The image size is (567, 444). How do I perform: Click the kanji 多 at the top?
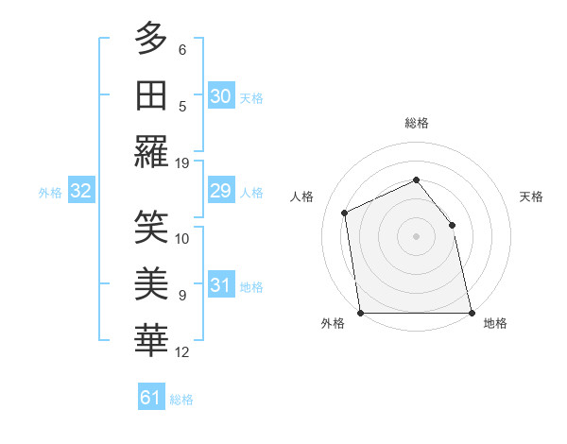[151, 39]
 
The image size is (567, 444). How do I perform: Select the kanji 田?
[151, 94]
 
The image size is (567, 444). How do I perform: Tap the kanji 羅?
[151, 150]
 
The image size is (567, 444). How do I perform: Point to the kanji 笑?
[151, 227]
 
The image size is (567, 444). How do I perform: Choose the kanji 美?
[151, 282]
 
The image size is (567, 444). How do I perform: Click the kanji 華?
[151, 339]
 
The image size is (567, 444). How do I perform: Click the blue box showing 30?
[220, 95]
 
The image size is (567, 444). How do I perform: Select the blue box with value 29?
[220, 192]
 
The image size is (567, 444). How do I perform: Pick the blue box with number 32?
[80, 192]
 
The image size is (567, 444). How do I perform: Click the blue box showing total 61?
[150, 398]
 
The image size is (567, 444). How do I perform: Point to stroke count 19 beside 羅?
[182, 162]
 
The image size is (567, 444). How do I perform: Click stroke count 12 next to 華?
[182, 352]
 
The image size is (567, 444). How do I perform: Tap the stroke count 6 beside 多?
[182, 50]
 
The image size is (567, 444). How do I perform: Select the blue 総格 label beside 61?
[181, 400]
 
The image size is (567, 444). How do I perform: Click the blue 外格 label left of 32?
[50, 193]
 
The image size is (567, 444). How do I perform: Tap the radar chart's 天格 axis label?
[531, 196]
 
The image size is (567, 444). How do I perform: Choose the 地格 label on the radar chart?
[495, 323]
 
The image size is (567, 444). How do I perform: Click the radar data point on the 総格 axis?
[416, 179]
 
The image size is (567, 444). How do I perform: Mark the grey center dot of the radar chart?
[416, 236]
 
